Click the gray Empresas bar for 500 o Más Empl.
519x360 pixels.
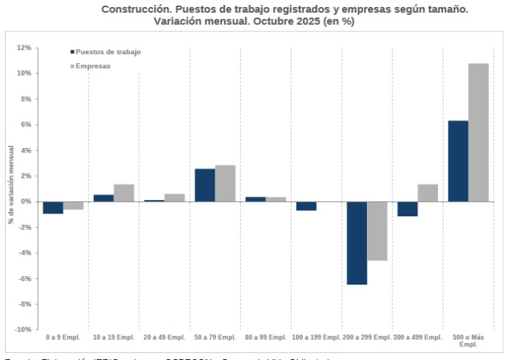pyautogui.click(x=478, y=132)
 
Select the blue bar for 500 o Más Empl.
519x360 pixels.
pyautogui.click(x=458, y=161)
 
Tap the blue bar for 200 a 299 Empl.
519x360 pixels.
pyautogui.click(x=357, y=243)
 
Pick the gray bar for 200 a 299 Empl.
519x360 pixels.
pyautogui.click(x=377, y=231)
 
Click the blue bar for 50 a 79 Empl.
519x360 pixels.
pyautogui.click(x=205, y=185)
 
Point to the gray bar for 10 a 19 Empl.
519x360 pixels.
pyautogui.click(x=124, y=193)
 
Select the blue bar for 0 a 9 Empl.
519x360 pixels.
pyautogui.click(x=53, y=208)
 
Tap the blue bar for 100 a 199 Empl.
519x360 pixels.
pyautogui.click(x=306, y=206)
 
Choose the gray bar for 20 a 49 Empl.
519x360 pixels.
pyautogui.click(x=174, y=198)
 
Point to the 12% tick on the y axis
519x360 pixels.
pyautogui.click(x=23, y=48)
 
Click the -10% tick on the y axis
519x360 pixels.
pyautogui.click(x=22, y=329)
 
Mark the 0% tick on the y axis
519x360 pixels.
pyautogui.click(x=26, y=201)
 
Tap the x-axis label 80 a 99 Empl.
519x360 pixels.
pyautogui.click(x=265, y=337)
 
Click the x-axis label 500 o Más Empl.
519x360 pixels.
pyautogui.click(x=468, y=341)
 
